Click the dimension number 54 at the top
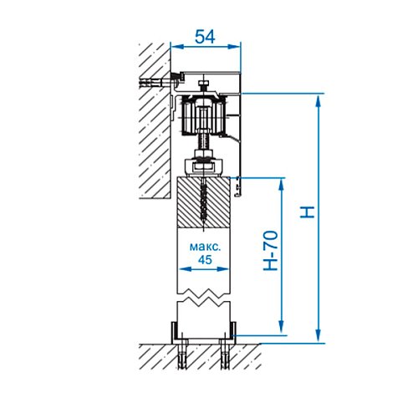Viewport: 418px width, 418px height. pos(205,37)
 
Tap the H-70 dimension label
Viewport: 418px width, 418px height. pos(271,251)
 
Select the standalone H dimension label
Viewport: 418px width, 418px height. pos(307,212)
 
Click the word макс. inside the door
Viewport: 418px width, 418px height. pos(205,247)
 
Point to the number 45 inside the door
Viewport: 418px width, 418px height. pos(205,260)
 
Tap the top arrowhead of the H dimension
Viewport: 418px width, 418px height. pos(319,101)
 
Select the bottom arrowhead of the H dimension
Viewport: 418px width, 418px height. pos(319,335)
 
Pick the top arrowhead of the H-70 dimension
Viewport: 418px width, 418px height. pos(282,185)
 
